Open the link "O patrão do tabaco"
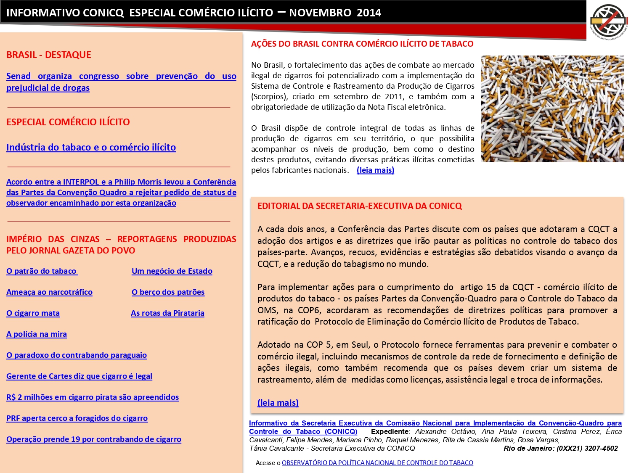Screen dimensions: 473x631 (x=42, y=271)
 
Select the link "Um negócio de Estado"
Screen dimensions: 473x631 (x=172, y=271)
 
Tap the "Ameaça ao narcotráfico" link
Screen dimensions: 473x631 (x=49, y=292)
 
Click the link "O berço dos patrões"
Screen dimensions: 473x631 (x=168, y=292)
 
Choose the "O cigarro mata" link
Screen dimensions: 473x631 (x=33, y=313)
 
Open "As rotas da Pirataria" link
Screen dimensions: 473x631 (x=167, y=313)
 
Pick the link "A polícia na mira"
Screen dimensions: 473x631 (x=37, y=334)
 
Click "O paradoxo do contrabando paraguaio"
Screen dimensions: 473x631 (x=77, y=355)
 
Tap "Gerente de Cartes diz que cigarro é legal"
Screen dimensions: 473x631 (x=79, y=376)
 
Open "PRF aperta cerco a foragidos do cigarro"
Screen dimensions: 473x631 (x=77, y=418)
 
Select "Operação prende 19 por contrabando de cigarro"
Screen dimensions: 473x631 (x=94, y=439)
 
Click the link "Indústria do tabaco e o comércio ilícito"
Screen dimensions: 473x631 (x=91, y=148)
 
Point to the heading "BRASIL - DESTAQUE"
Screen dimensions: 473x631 (x=49, y=55)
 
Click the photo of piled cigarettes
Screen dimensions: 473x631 (x=552, y=109)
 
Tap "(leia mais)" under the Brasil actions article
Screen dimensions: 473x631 (x=375, y=170)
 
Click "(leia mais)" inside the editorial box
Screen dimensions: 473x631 (x=278, y=403)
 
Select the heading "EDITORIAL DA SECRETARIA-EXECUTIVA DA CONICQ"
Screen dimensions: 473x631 (x=360, y=206)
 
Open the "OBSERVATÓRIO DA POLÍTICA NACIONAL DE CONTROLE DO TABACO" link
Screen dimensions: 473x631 (x=377, y=463)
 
